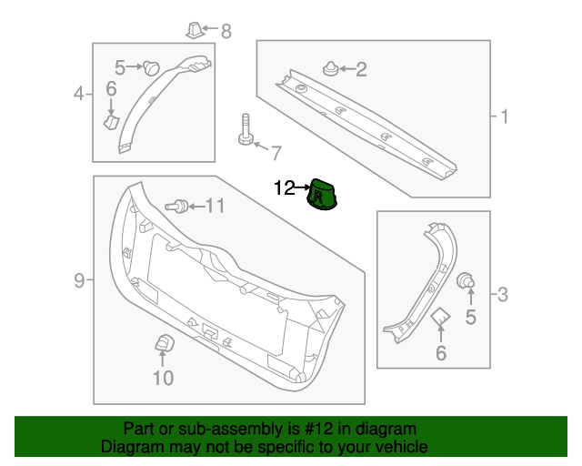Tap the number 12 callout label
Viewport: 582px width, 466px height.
285,188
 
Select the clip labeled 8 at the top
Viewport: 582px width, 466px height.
194,30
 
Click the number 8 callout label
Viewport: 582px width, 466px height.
226,32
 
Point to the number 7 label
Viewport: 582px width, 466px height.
276,151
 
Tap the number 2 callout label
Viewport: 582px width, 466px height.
361,69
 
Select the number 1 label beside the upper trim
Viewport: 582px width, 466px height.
504,116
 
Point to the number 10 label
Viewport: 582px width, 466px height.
163,378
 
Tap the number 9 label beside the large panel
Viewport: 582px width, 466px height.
79,280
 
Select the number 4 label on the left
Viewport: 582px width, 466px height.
79,94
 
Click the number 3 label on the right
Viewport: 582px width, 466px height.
503,294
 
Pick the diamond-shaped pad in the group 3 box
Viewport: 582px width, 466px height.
441,316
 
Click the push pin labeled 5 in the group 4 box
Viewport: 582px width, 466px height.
151,66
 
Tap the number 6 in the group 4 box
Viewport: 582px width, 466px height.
111,88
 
